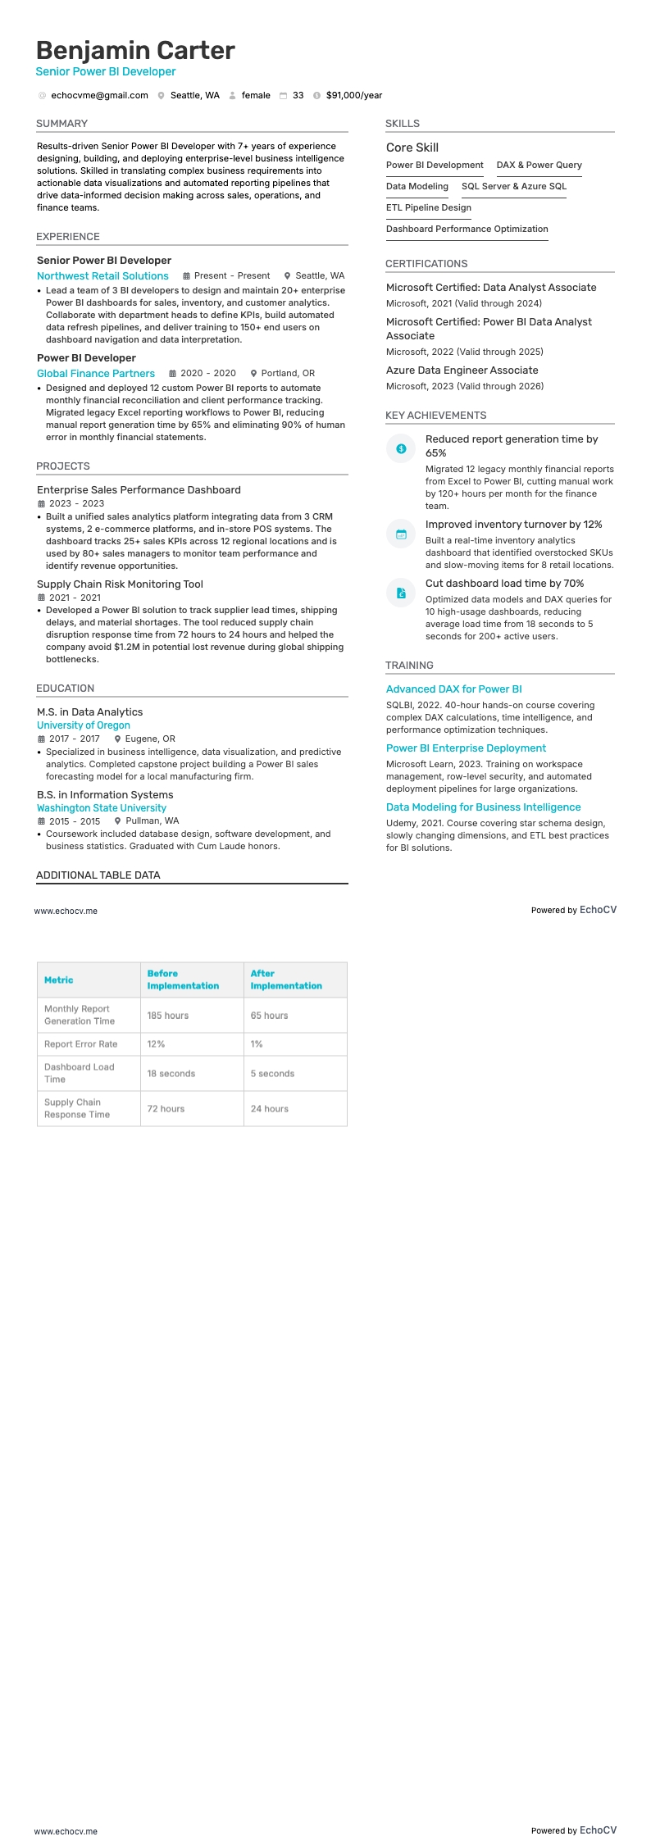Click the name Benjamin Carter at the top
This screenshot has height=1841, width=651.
point(135,51)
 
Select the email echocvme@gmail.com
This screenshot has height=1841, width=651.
point(99,95)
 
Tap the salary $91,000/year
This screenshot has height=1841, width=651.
point(353,95)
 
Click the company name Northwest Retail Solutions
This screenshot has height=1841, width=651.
point(102,276)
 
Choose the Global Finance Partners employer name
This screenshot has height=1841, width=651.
point(96,374)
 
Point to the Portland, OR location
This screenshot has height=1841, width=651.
point(287,373)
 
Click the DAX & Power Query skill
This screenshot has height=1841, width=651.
point(539,165)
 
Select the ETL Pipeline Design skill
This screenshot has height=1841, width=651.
point(428,207)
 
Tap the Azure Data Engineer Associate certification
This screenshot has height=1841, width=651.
point(462,370)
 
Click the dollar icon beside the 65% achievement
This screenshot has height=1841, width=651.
point(401,448)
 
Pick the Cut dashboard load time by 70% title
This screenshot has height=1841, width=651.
point(504,584)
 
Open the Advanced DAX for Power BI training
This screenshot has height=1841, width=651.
point(453,689)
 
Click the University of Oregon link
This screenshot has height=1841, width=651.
point(84,725)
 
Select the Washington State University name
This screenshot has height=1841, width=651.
point(102,808)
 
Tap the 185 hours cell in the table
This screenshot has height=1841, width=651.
point(168,1016)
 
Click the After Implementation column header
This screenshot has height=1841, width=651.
point(285,980)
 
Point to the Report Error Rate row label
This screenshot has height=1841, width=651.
point(80,1044)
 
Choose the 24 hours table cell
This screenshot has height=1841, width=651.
point(270,1109)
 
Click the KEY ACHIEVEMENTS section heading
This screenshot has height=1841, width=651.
point(435,416)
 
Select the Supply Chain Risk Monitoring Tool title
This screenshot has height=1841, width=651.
point(120,584)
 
